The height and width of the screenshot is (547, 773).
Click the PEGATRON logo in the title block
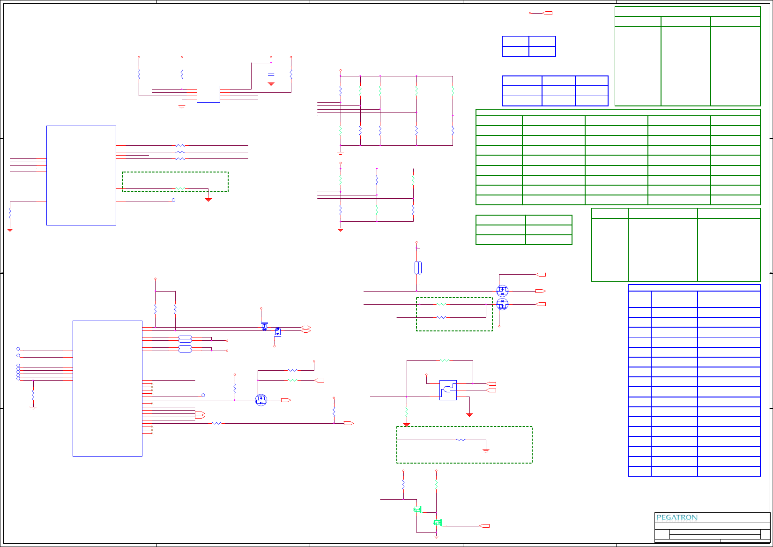point(677,517)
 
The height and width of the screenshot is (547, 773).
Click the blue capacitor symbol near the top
point(271,75)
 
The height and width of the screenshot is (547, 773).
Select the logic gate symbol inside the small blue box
point(448,390)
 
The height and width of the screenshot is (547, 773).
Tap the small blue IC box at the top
point(208,94)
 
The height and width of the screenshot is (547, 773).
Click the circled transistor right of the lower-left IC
point(261,400)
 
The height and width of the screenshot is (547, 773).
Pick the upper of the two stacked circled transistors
point(502,291)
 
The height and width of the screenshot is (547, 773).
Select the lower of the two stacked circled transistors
point(502,304)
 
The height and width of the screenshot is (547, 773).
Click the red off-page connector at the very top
point(547,13)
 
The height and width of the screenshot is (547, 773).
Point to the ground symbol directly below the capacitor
point(271,83)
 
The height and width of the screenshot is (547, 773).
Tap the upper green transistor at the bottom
point(418,509)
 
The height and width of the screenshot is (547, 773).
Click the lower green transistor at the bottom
point(438,522)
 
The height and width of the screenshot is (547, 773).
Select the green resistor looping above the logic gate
point(444,360)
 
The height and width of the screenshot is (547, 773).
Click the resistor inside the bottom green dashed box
point(461,440)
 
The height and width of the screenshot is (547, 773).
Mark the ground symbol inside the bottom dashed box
point(486,451)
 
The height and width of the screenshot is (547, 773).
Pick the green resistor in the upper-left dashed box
point(180,189)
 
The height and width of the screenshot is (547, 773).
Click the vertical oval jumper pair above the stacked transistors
point(418,268)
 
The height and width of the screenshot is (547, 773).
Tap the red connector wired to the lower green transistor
point(485,526)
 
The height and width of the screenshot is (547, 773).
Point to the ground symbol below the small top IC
point(182,107)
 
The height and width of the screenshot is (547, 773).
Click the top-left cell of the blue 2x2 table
point(515,41)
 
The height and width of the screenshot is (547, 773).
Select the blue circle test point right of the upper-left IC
point(173,200)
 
